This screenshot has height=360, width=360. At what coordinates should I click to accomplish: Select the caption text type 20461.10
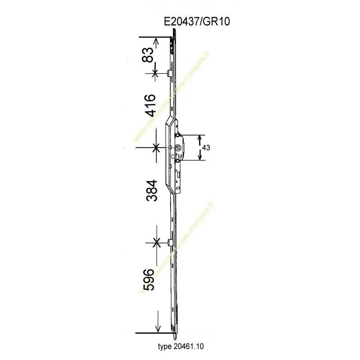(x=184, y=347)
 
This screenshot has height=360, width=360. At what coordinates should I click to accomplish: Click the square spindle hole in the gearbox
(x=178, y=148)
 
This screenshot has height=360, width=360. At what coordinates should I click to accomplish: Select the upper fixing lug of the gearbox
(x=179, y=135)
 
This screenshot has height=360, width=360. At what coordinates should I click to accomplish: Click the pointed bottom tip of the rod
(x=175, y=337)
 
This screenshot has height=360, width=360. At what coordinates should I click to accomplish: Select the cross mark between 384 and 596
(x=157, y=243)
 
